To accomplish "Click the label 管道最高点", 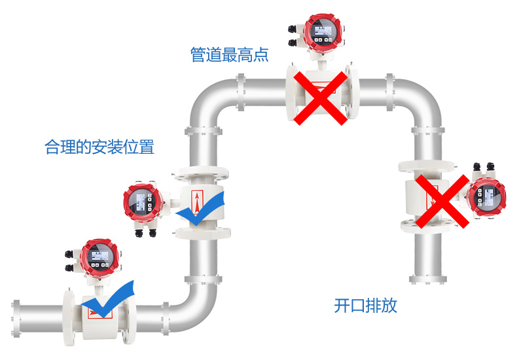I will tap(229, 54).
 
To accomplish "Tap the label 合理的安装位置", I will tap(99, 147).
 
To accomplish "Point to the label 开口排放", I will tap(366, 306).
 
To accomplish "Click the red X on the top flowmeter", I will tap(320, 98).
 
